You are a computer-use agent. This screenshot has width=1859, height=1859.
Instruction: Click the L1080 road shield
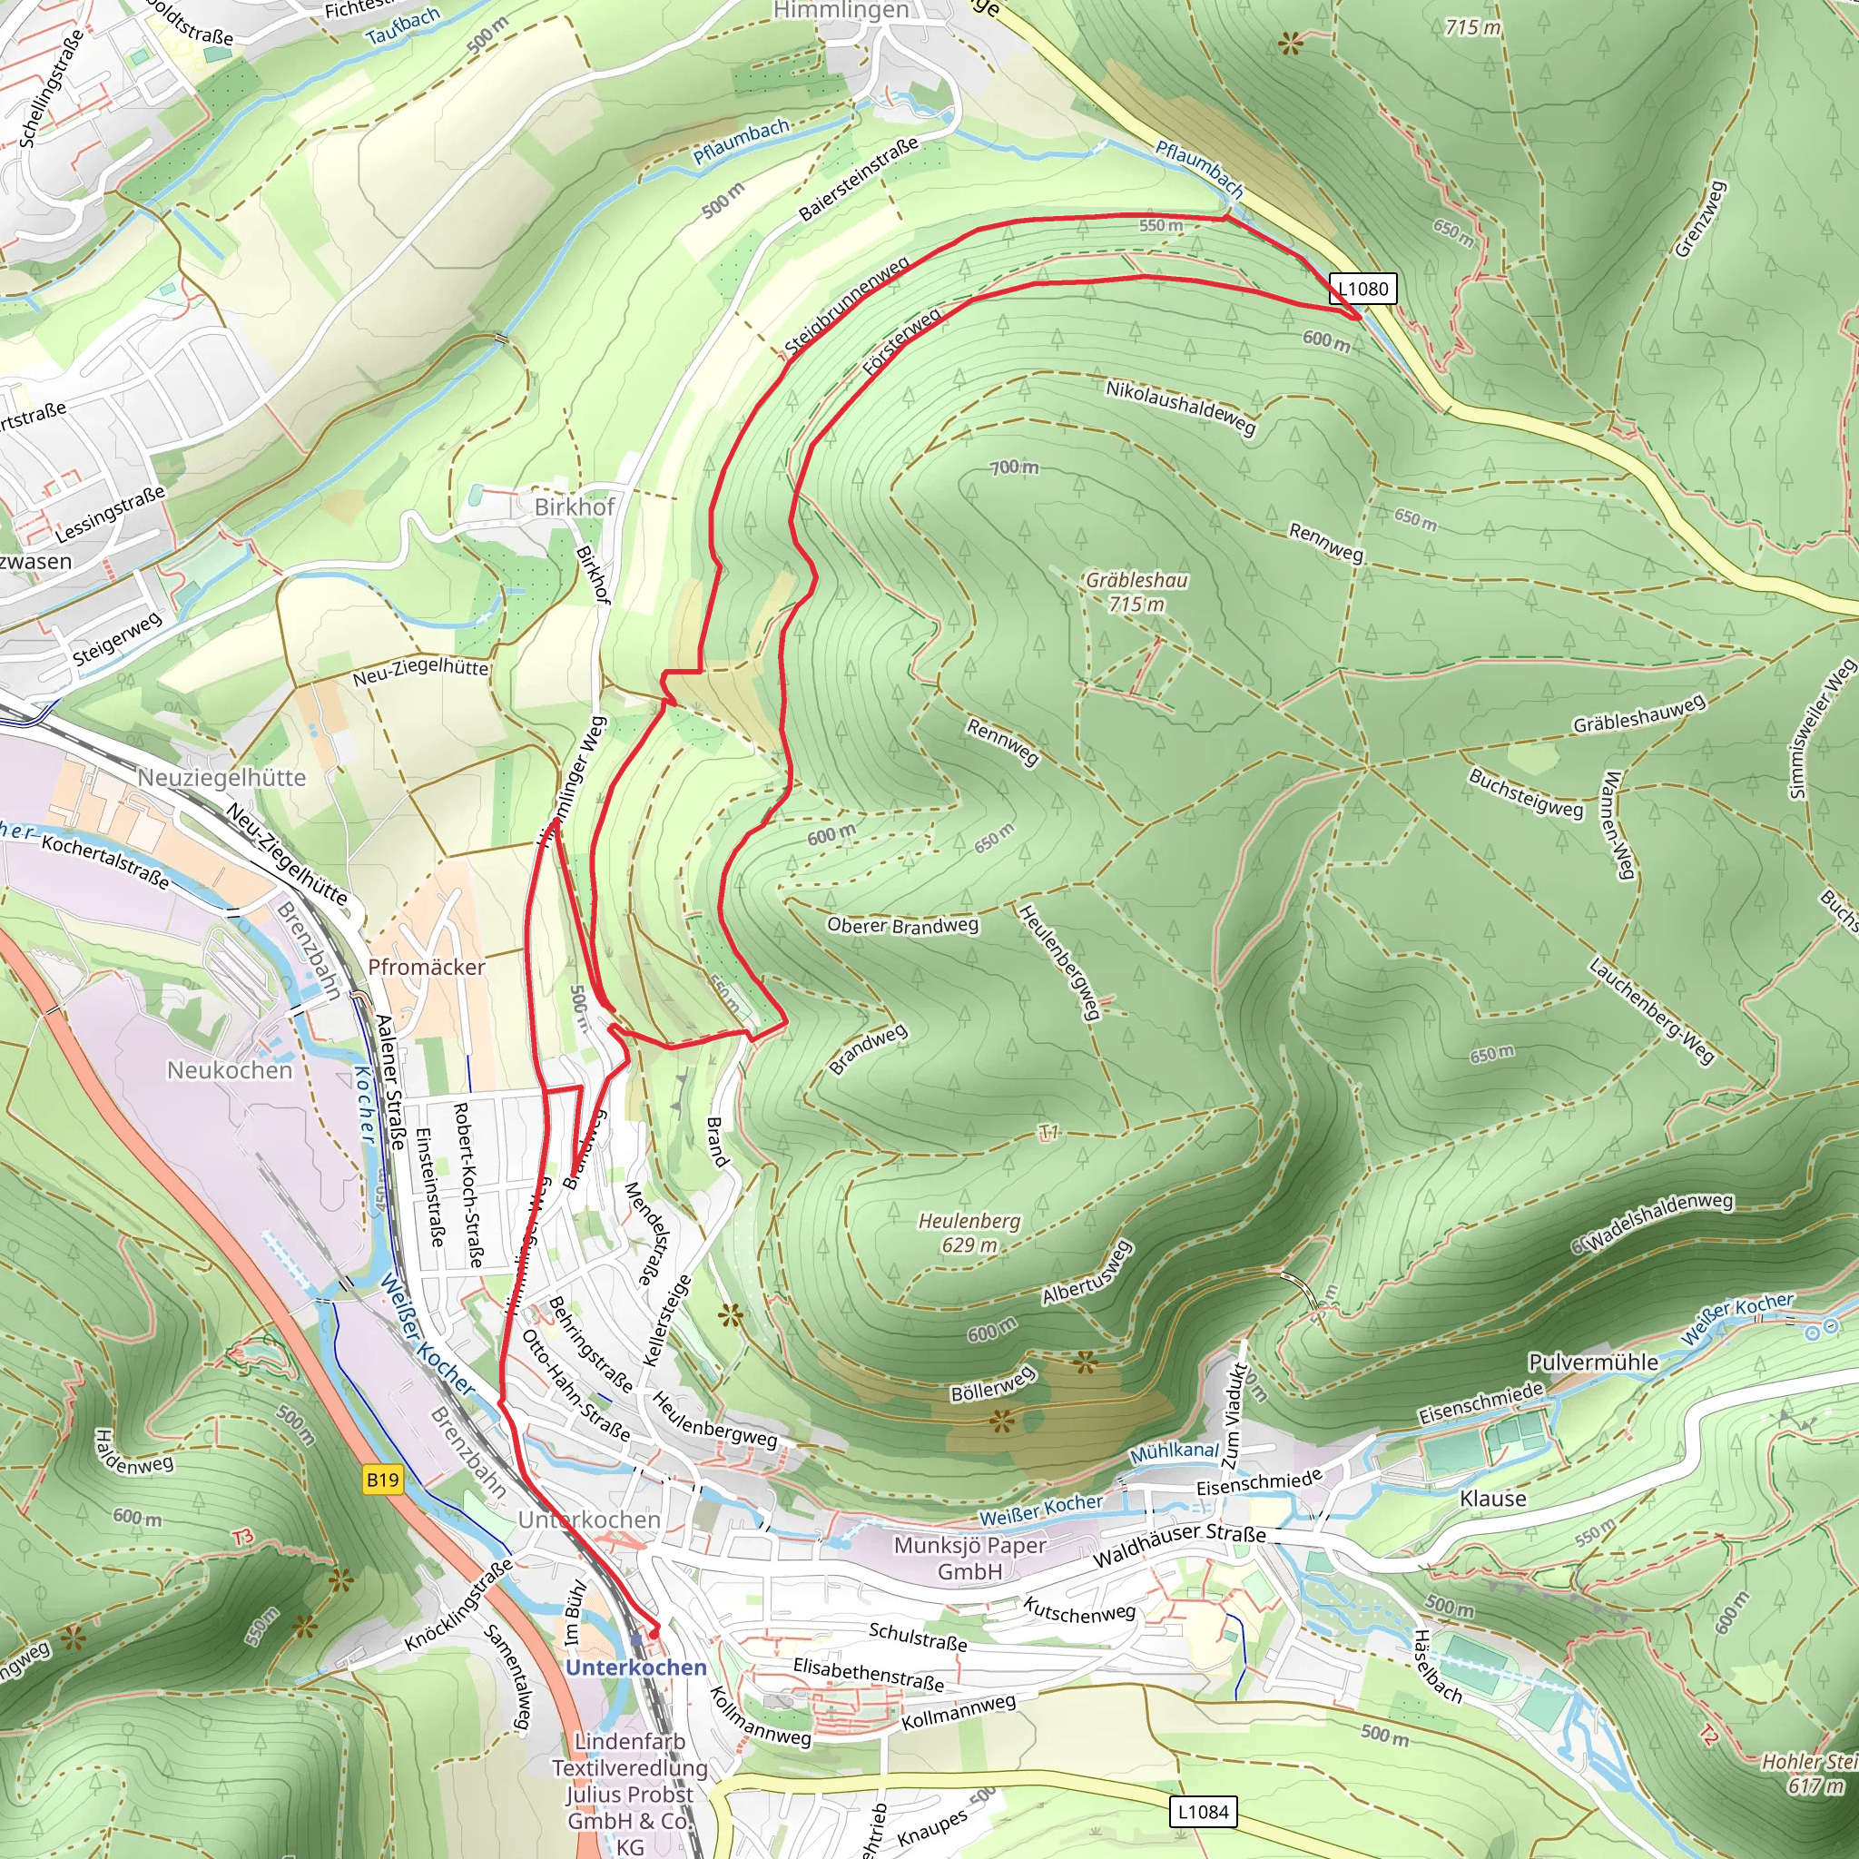pyautogui.click(x=1362, y=289)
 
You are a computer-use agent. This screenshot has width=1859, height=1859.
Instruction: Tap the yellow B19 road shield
pyautogui.click(x=383, y=1479)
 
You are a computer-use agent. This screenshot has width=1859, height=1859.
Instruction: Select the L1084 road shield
pyautogui.click(x=1203, y=1812)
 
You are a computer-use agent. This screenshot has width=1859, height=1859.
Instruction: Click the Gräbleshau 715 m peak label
pyautogui.click(x=1136, y=592)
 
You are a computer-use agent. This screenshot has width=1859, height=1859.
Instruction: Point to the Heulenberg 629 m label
pyautogui.click(x=969, y=1233)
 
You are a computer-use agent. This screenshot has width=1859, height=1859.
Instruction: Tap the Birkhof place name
pyautogui.click(x=575, y=507)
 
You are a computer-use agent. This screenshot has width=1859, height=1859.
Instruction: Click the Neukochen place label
pyautogui.click(x=229, y=1070)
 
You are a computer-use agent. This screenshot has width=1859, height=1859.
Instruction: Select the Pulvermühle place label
pyautogui.click(x=1593, y=1362)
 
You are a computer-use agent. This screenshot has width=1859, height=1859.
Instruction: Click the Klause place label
pyautogui.click(x=1492, y=1498)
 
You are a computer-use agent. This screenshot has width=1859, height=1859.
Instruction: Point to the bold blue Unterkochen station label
pyautogui.click(x=636, y=1667)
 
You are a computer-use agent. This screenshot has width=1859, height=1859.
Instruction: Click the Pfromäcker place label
pyautogui.click(x=427, y=967)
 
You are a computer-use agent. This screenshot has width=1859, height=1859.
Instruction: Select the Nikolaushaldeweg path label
pyautogui.click(x=1181, y=407)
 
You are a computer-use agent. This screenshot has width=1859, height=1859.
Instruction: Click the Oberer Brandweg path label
pyautogui.click(x=902, y=925)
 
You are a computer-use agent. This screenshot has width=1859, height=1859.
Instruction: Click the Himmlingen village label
pyautogui.click(x=841, y=11)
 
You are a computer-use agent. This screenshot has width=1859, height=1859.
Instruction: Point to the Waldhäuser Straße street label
pyautogui.click(x=1179, y=1545)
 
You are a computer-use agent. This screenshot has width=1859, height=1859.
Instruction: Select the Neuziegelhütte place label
pyautogui.click(x=221, y=778)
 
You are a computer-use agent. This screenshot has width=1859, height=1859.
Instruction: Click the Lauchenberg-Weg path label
pyautogui.click(x=1651, y=1011)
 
